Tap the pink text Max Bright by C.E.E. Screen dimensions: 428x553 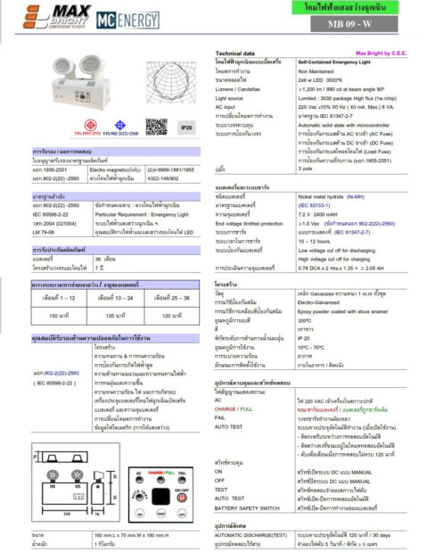click(x=382, y=54)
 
